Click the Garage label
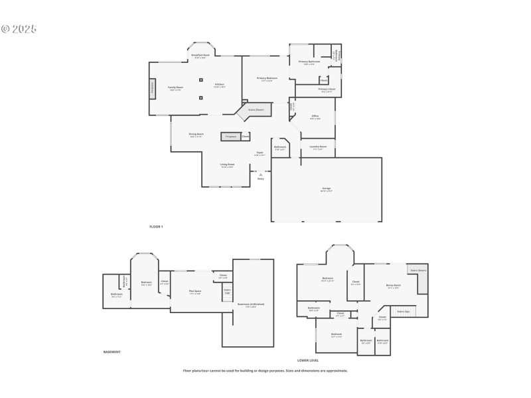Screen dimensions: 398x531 pyautogui.click(x=327, y=189)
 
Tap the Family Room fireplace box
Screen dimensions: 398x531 pyautogui.click(x=153, y=88)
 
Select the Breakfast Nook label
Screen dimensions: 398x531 pyautogui.click(x=200, y=56)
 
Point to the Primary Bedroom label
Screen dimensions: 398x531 pyautogui.click(x=267, y=79)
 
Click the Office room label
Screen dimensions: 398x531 pyautogui.click(x=315, y=117)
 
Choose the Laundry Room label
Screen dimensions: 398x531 pyautogui.click(x=319, y=147)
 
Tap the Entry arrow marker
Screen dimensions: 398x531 pyautogui.click(x=260, y=174)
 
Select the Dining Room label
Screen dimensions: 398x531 pyautogui.click(x=196, y=135)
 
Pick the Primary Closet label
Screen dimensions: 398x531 pyautogui.click(x=327, y=90)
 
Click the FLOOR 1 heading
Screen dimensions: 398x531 pyautogui.click(x=156, y=227)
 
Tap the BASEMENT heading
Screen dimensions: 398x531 pyautogui.click(x=112, y=352)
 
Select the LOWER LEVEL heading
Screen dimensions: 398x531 pyautogui.click(x=308, y=360)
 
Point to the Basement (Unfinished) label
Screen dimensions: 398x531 pyautogui.click(x=251, y=305)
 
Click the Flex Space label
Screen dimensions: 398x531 pyautogui.click(x=194, y=293)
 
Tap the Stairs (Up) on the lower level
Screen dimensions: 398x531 pyautogui.click(x=403, y=310)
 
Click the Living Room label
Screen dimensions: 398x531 pyautogui.click(x=227, y=165)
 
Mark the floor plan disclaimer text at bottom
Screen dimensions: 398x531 pyautogui.click(x=265, y=371)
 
